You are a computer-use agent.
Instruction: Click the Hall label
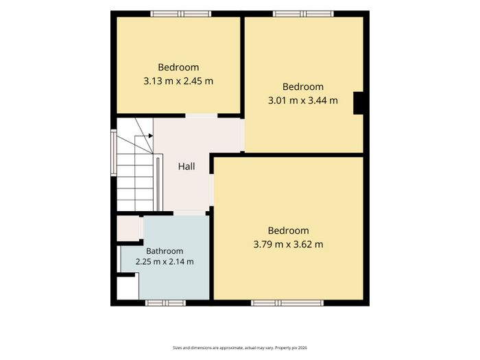pos(187,167)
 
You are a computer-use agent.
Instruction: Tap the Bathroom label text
pos(165,251)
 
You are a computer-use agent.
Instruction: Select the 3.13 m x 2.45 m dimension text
pos(178,81)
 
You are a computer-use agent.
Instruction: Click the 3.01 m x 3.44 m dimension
pos(303,100)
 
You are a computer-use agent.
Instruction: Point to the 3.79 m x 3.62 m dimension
pos(289,244)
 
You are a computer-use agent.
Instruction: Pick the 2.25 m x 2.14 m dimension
pos(165,262)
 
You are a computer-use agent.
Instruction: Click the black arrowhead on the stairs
pos(151,136)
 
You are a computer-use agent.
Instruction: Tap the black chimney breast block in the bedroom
pos(358,103)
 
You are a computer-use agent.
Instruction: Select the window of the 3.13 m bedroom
pos(180,14)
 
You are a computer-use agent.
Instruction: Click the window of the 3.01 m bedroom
pos(303,14)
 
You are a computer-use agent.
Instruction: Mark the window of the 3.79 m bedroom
pos(287,303)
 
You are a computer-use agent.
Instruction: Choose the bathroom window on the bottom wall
pos(165,303)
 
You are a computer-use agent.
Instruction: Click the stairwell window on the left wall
pos(114,152)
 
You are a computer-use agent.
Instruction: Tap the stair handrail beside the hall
pos(158,184)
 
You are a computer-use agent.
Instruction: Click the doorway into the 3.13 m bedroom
pos(202,116)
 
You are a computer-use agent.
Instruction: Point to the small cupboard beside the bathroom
pos(129,228)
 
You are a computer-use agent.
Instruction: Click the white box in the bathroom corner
pos(128,289)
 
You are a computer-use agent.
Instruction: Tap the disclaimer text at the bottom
pos(240,348)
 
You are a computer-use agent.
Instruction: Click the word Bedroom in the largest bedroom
pos(289,230)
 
